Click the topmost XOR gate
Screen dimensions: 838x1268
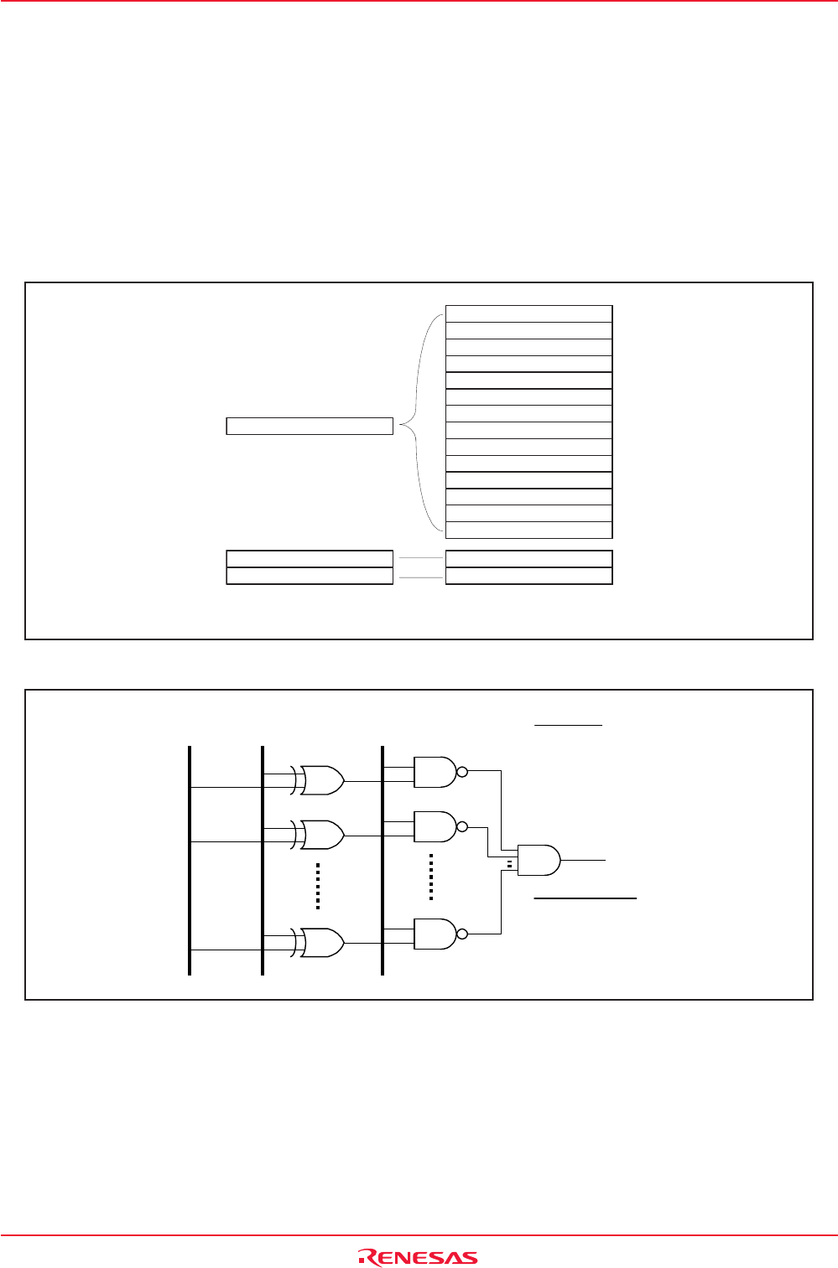tap(320, 780)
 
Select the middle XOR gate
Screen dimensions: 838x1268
tap(320, 835)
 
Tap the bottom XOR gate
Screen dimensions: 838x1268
tap(320, 943)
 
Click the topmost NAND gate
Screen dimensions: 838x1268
tap(435, 772)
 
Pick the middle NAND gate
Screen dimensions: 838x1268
tap(435, 827)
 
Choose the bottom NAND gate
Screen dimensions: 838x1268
tap(435, 934)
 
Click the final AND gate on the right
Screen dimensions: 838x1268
tap(539, 861)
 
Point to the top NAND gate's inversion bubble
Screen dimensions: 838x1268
tap(462, 772)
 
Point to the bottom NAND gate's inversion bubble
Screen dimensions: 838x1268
tap(462, 934)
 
